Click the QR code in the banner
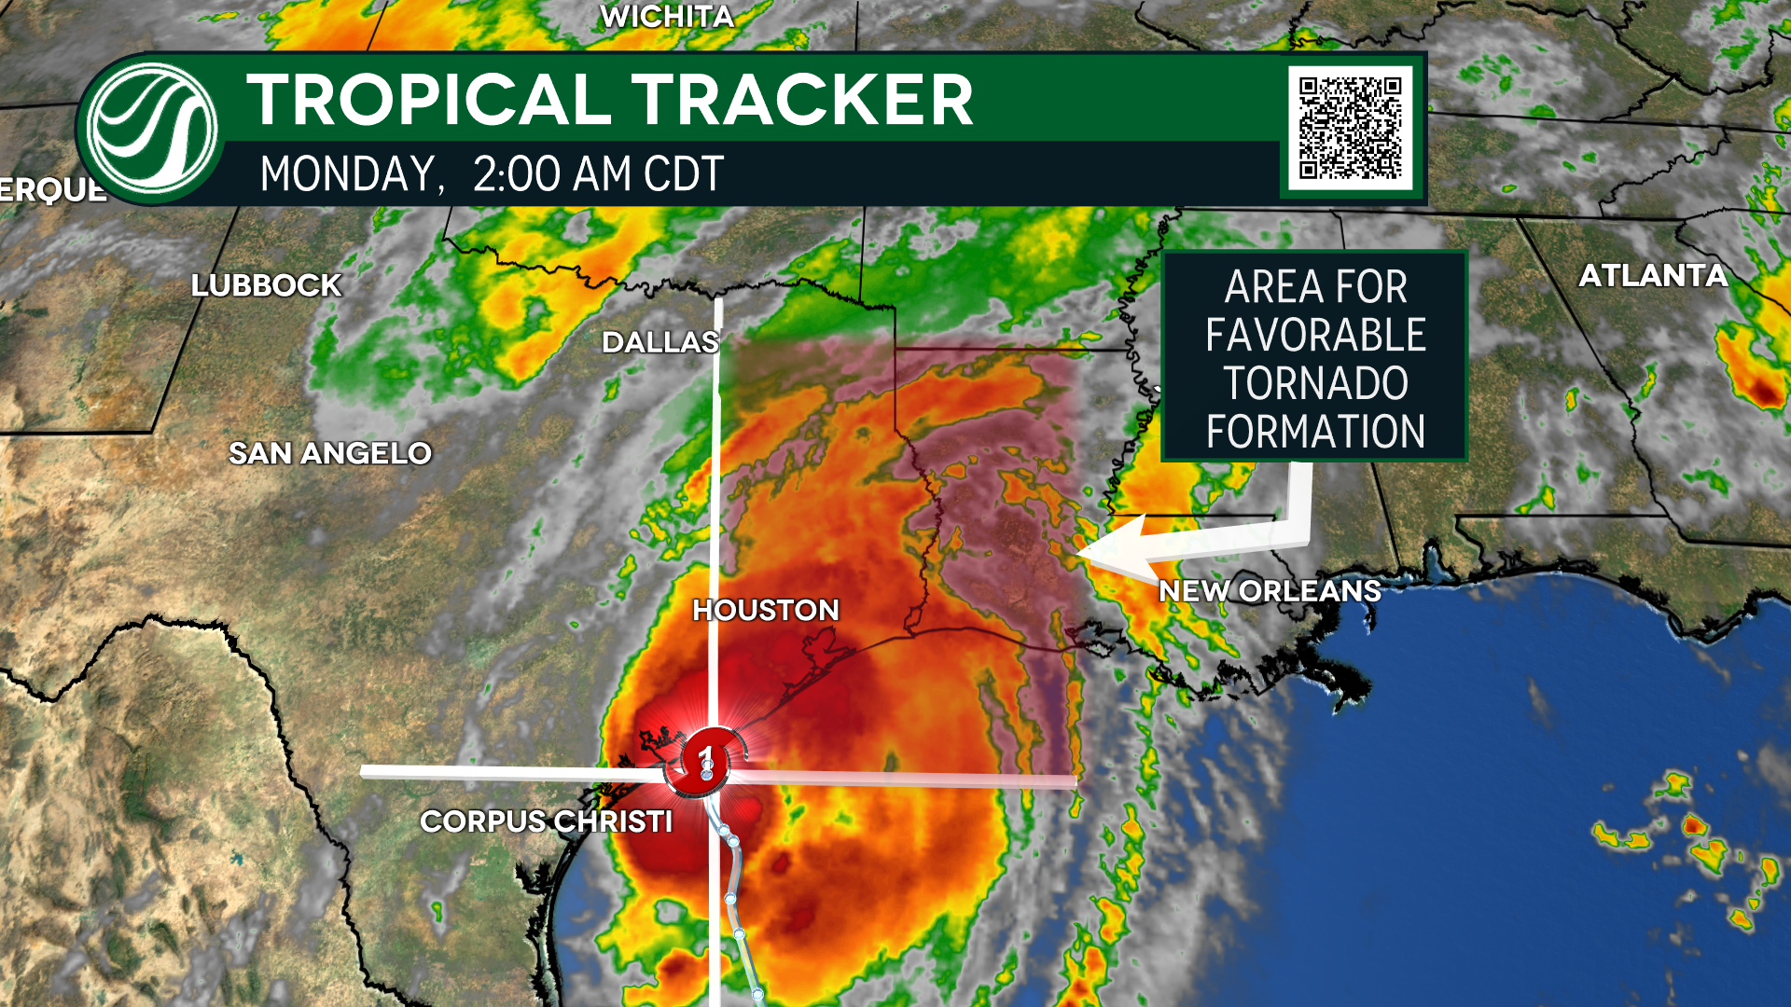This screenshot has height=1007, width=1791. (1351, 127)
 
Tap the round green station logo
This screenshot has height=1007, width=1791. (151, 129)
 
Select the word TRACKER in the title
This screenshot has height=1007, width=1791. (802, 100)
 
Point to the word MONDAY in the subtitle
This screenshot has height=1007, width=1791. (347, 174)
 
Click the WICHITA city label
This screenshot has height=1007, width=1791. (667, 17)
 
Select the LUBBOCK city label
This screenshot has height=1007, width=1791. (267, 285)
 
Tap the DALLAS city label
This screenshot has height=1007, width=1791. (660, 342)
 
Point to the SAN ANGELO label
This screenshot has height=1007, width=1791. (330, 453)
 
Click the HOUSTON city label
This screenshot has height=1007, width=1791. (766, 610)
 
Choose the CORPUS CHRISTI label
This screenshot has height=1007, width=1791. (546, 821)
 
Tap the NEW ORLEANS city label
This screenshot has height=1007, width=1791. (1270, 590)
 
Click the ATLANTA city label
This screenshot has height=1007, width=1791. (1653, 275)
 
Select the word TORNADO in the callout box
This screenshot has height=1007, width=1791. (1315, 383)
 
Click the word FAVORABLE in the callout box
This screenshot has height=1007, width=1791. (1315, 335)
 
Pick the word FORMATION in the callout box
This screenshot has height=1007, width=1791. (1315, 432)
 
